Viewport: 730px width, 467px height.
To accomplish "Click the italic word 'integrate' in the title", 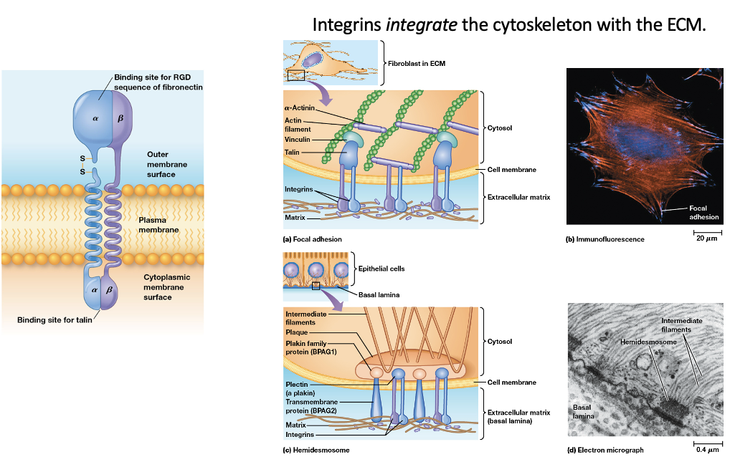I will pos(415,24).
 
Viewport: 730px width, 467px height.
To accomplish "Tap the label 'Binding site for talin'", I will pos(54,319).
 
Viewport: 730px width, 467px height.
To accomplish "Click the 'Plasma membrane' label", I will pos(158,225).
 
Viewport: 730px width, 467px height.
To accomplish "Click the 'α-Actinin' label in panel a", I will pos(300,107).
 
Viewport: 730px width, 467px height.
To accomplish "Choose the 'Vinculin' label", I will pos(298,140).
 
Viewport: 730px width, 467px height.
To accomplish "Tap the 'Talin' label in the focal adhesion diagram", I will pos(292,153).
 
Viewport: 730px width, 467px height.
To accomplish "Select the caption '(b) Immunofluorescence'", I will pos(605,239).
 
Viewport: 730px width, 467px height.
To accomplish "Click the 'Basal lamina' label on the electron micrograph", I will pos(582,412).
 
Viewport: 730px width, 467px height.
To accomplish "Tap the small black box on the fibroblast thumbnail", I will pos(296,74).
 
